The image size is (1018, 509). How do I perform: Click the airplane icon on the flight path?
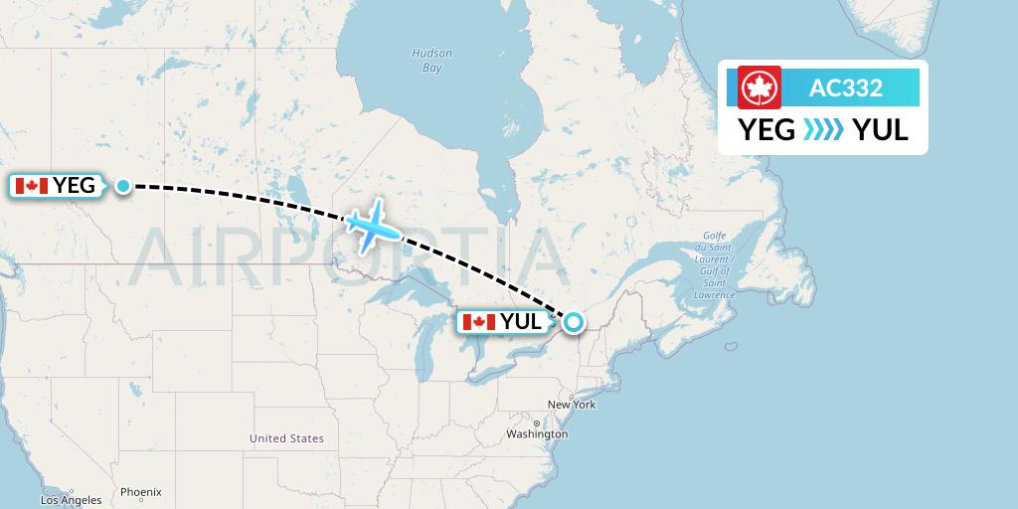click(373, 228)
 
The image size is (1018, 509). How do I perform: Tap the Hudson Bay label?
click(431, 61)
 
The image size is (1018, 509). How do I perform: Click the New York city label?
click(571, 405)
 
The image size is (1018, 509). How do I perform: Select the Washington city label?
click(535, 434)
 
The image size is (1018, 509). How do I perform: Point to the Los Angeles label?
click(71, 500)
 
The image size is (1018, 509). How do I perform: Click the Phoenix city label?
click(140, 492)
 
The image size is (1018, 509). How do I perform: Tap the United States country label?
click(286, 438)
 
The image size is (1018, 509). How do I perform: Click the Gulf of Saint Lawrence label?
click(713, 263)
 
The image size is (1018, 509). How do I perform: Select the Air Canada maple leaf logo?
click(761, 87)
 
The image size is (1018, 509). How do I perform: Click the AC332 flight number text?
click(846, 87)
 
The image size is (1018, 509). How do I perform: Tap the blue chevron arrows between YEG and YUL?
click(823, 129)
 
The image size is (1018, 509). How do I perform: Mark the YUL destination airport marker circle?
click(574, 321)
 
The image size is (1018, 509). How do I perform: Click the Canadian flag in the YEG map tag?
click(32, 186)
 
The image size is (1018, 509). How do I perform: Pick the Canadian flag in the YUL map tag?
click(479, 322)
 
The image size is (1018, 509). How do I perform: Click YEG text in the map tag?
click(74, 186)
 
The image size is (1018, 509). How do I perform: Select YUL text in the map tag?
click(521, 322)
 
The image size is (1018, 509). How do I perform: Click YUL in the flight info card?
click(880, 129)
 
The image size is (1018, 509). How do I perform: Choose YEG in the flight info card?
click(766, 129)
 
